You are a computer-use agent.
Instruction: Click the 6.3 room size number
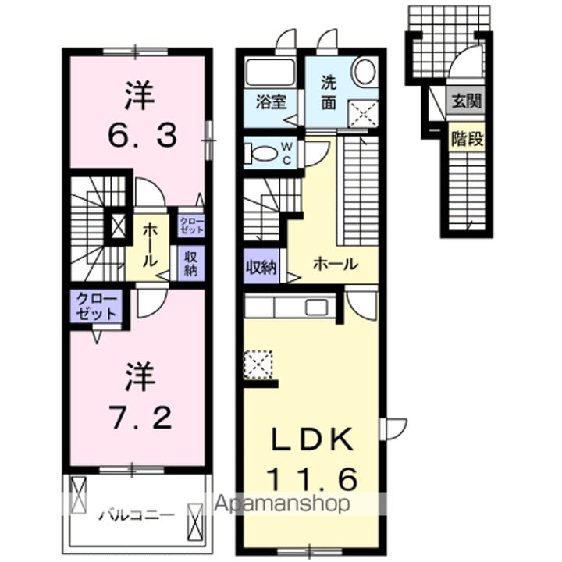(142, 136)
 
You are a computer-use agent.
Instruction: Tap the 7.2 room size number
(140, 418)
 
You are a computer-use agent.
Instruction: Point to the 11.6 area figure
(312, 479)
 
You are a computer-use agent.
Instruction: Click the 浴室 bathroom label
(271, 102)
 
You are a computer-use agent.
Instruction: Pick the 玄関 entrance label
(466, 101)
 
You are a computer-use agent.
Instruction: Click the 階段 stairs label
(467, 139)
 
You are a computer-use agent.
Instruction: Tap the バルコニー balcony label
(137, 516)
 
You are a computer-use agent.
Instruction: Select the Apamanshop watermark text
(282, 503)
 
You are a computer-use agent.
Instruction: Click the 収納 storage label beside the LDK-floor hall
(261, 267)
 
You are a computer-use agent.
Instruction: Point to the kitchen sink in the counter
(316, 308)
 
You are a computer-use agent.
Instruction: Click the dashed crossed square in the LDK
(258, 365)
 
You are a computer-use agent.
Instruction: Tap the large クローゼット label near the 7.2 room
(97, 306)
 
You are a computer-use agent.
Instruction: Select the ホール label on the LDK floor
(335, 265)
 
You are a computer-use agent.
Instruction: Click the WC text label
(286, 154)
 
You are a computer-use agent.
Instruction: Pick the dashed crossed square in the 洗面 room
(363, 113)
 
